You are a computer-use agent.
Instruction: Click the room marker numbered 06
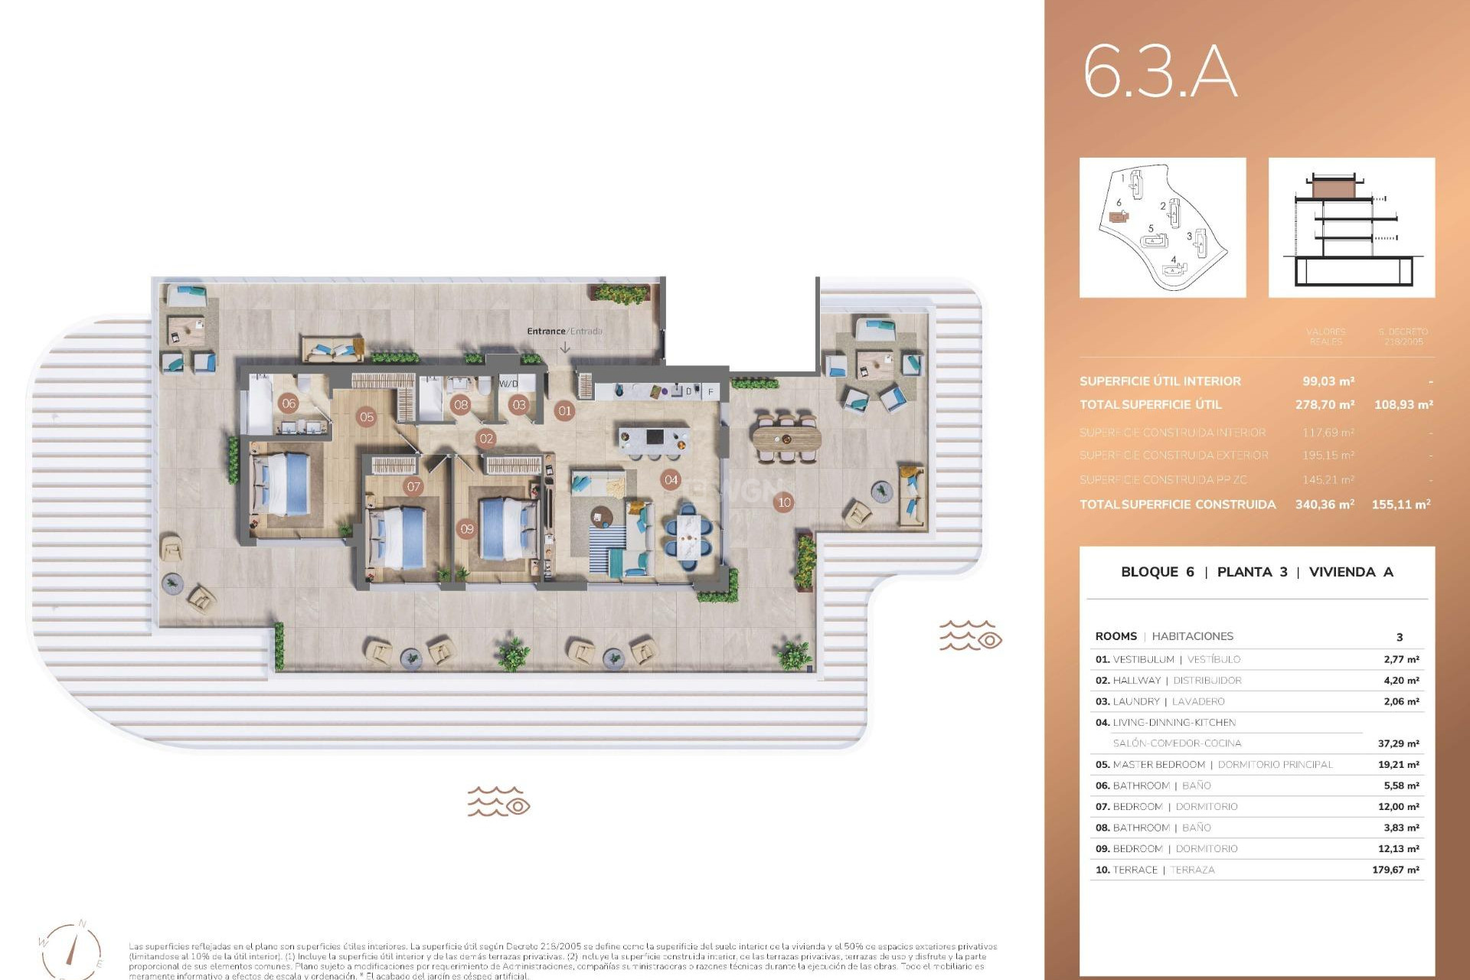pos(289,403)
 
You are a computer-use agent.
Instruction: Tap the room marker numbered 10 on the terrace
pos(784,503)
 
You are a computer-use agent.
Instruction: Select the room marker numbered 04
pos(671,480)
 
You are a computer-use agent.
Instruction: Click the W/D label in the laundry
pos(508,384)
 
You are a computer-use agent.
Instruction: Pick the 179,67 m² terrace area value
pos(1395,870)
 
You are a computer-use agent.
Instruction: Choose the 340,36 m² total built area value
pos(1324,505)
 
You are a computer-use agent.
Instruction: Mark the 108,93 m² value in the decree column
pos(1403,404)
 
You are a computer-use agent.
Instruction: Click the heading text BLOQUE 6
pos(1157,572)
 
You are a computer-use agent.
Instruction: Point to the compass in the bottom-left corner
pos(71,950)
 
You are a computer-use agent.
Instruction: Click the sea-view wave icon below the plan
pos(498,802)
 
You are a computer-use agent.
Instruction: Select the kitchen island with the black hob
pos(653,439)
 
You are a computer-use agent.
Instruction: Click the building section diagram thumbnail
pos(1351,227)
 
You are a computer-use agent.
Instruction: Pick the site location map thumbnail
pos(1162,227)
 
